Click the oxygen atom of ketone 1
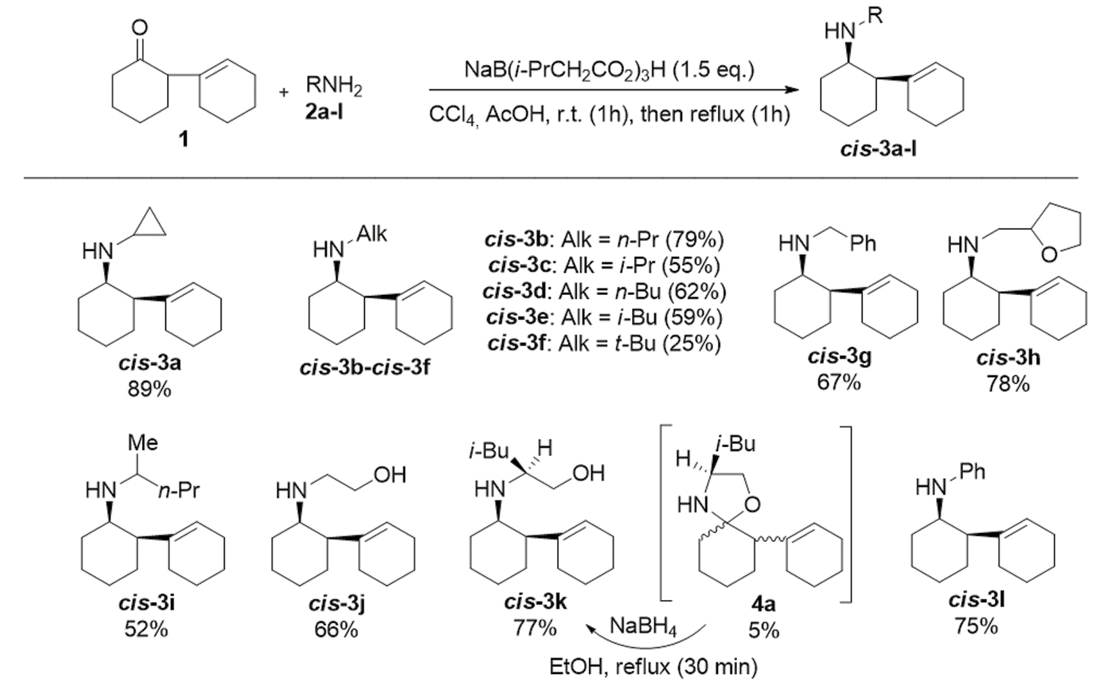139,28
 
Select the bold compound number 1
183,139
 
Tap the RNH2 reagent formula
334,86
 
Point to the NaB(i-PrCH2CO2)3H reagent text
608,70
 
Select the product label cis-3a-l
878,148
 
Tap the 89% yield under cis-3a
149,389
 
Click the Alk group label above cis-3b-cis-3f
371,234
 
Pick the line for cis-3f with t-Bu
604,344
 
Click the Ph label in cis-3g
862,243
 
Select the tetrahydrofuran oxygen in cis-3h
1049,254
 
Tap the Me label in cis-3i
143,442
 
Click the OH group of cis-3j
389,475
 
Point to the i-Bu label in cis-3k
488,451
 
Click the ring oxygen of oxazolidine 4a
753,504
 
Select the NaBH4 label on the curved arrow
643,626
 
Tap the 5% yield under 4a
764,630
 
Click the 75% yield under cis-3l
975,626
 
